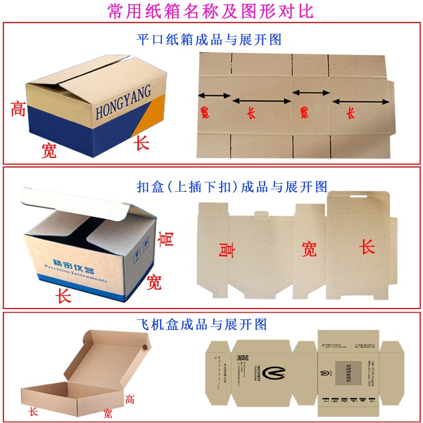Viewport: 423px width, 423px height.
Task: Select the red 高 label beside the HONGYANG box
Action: tap(18, 108)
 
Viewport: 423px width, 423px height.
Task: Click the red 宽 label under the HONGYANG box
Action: tap(50, 150)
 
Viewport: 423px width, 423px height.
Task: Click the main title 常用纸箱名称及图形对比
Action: tap(211, 11)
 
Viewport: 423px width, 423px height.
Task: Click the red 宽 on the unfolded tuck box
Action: tap(309, 249)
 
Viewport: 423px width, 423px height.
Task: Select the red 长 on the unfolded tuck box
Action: tap(367, 246)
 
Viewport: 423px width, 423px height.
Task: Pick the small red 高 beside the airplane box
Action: tap(130, 400)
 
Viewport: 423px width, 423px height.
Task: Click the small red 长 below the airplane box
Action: tap(34, 412)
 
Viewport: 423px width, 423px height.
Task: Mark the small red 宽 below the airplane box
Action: tap(108, 413)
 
